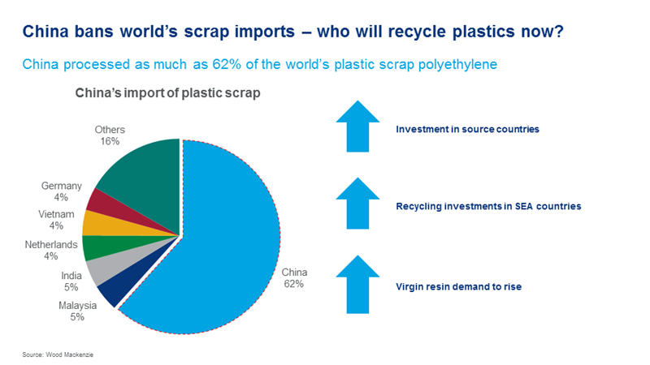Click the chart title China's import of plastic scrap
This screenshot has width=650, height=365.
pyautogui.click(x=167, y=94)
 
